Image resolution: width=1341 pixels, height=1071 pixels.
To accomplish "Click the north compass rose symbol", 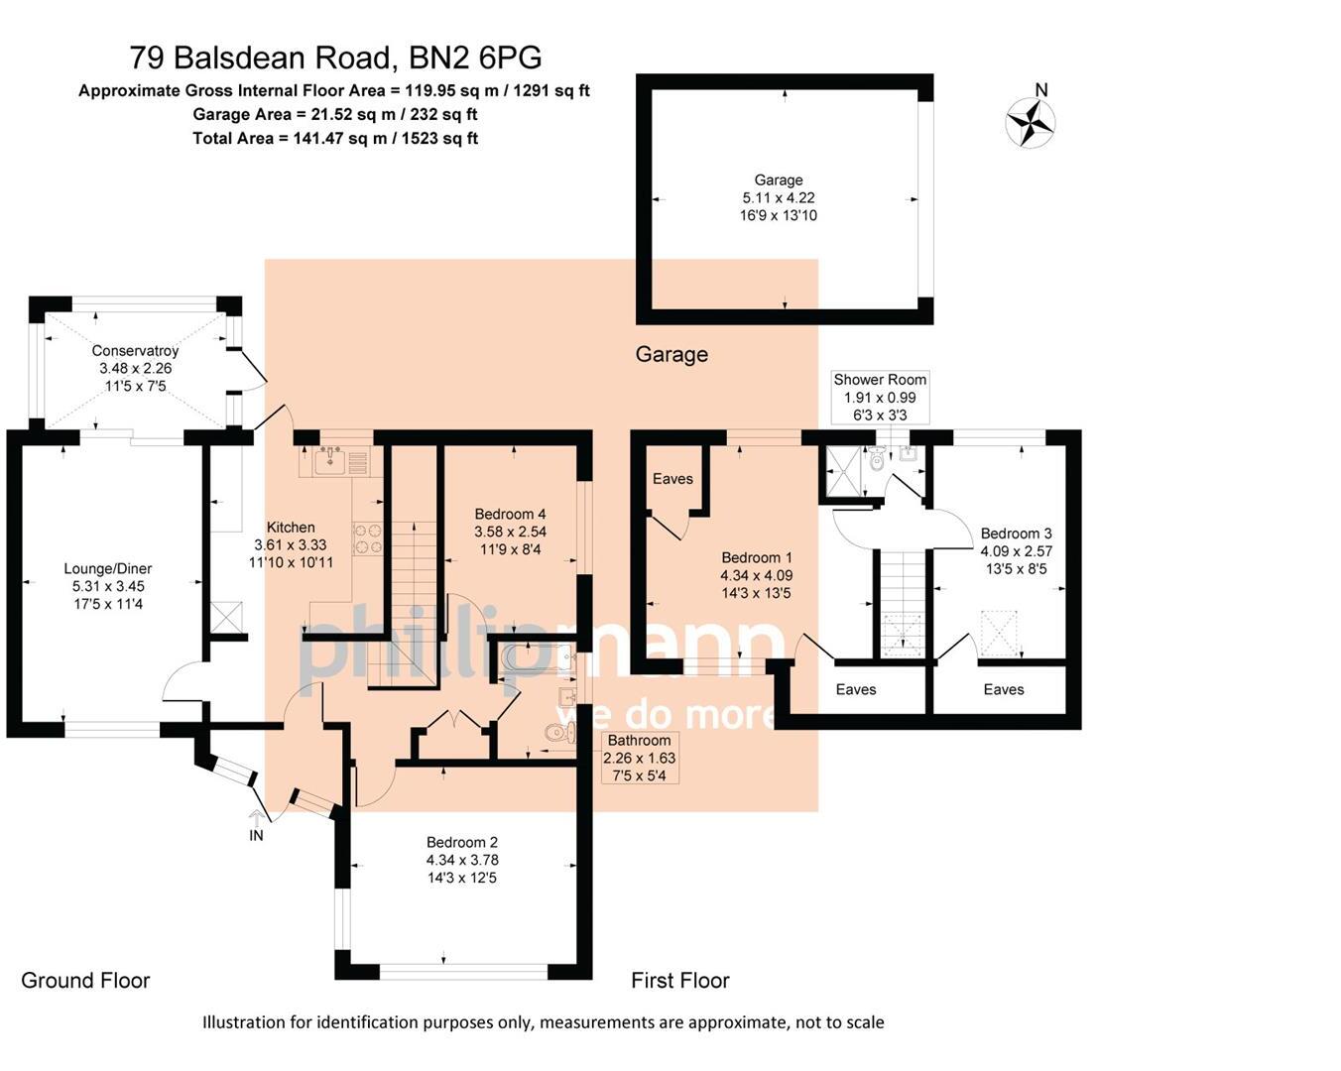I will coord(1031,123).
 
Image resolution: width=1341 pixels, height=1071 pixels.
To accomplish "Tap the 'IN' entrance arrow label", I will coord(256,835).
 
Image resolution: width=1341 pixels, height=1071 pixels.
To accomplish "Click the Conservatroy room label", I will coord(135,350).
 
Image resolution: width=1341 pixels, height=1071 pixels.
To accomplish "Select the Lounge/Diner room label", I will coord(108,569).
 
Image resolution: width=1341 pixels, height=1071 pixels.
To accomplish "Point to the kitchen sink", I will coord(328,461).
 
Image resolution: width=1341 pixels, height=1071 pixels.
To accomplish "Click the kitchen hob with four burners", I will coord(368,537).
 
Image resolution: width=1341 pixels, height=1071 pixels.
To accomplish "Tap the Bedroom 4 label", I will coord(510,514).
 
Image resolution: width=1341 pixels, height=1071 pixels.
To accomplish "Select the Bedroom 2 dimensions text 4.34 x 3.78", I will coord(462,860).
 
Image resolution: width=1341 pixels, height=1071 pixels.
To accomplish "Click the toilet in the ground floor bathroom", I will coord(560,733).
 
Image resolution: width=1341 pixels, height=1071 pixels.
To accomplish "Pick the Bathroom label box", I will coord(640,758).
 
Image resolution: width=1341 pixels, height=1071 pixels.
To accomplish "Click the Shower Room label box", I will coord(880,397).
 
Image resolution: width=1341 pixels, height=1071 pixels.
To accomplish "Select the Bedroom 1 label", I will coord(756,557).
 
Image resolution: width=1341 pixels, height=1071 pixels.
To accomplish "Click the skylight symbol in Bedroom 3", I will coord(1000,633).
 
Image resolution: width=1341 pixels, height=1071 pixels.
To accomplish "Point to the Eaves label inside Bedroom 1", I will coord(672,479).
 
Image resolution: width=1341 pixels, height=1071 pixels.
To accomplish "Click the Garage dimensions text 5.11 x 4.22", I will coord(779,197).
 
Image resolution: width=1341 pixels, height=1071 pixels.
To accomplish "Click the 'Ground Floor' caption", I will coord(85,981).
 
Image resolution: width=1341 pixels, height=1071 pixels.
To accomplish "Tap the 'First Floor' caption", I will coord(680,981).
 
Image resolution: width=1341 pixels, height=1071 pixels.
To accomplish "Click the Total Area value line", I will coord(335,139).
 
